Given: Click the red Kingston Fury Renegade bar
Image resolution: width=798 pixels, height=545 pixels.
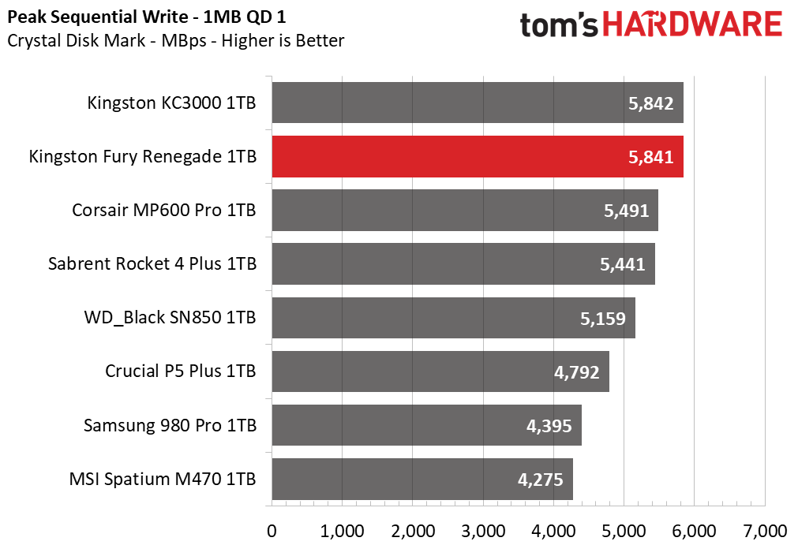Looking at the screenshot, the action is tap(478, 157).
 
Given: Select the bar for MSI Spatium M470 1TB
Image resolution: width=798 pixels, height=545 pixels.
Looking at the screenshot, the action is tap(422, 479).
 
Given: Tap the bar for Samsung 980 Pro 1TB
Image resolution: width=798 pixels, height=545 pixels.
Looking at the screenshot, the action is tap(426, 425).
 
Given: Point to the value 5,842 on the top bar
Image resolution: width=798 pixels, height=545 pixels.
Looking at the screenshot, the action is tap(651, 103).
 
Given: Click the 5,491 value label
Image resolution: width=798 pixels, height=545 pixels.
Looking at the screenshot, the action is tap(627, 211).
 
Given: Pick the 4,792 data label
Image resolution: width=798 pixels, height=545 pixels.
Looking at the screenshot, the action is tap(577, 372).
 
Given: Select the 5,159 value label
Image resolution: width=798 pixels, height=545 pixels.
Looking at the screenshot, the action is tap(603, 319).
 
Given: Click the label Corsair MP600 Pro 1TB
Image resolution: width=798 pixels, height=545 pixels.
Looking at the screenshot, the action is tap(164, 210).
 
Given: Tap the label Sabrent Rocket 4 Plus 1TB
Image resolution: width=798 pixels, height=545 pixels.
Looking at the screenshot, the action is tap(152, 264).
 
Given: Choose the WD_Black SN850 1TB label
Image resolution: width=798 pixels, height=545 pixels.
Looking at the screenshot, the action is tap(170, 318).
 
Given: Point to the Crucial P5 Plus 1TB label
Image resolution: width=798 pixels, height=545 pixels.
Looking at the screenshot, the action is tap(180, 371).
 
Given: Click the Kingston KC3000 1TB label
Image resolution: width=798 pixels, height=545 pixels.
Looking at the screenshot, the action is tap(171, 103).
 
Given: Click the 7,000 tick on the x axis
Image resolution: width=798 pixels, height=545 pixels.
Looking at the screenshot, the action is tap(765, 532).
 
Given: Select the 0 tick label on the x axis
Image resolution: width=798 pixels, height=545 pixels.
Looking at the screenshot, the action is tap(272, 532).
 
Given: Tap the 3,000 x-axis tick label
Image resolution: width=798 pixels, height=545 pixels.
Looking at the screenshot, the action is tap(483, 532).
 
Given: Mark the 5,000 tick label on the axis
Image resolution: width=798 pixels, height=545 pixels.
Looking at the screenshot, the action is tap(624, 532).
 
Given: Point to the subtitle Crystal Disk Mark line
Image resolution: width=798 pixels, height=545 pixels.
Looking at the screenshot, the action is tap(175, 41).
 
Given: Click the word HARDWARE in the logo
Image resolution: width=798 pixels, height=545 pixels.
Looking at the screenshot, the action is tap(692, 24).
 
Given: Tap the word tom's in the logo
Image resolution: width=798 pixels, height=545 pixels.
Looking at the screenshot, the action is tap(559, 25).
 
